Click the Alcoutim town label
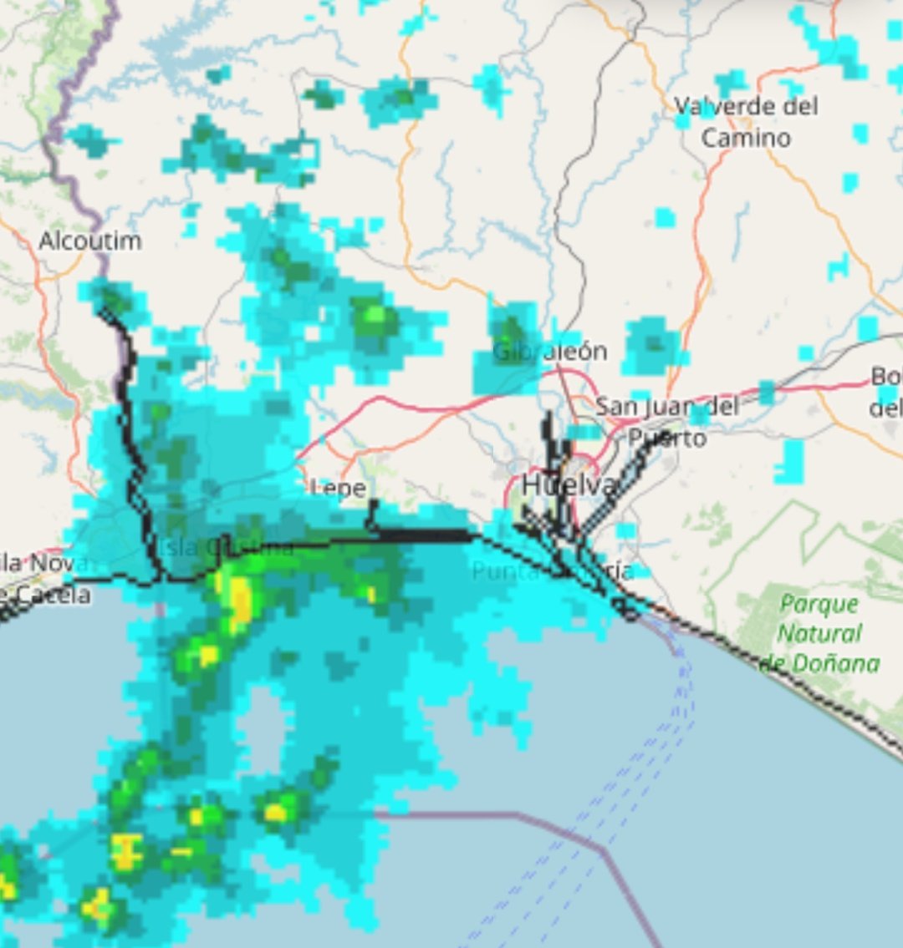90,241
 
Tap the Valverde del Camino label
746,121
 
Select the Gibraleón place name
549,352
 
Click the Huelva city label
569,485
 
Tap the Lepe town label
339,489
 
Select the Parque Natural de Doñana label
819,633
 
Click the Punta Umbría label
552,572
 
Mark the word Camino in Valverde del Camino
746,138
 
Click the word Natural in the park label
819,633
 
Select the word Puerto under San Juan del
667,437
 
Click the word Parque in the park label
819,603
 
